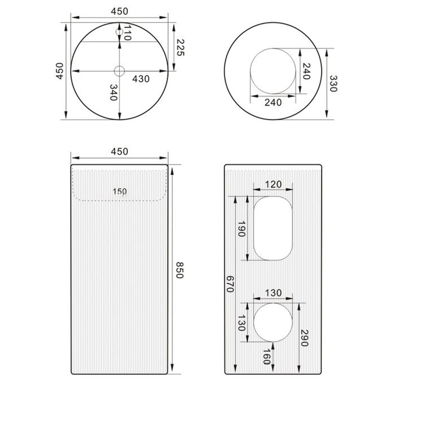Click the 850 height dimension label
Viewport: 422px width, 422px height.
point(180,270)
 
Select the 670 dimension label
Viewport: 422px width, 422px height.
point(230,284)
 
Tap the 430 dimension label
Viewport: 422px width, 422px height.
point(141,79)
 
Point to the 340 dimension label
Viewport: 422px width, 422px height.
point(113,92)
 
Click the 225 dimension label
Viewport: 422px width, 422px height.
point(180,47)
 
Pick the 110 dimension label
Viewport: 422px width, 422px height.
point(127,33)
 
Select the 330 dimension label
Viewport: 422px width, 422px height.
point(333,84)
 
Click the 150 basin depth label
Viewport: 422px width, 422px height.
point(120,191)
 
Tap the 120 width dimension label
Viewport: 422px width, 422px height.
point(273,184)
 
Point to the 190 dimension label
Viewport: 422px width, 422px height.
point(241,229)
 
